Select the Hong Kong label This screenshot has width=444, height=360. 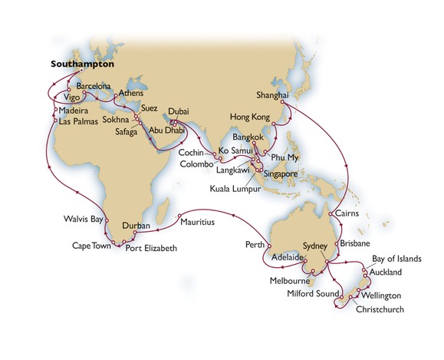point(251,117)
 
